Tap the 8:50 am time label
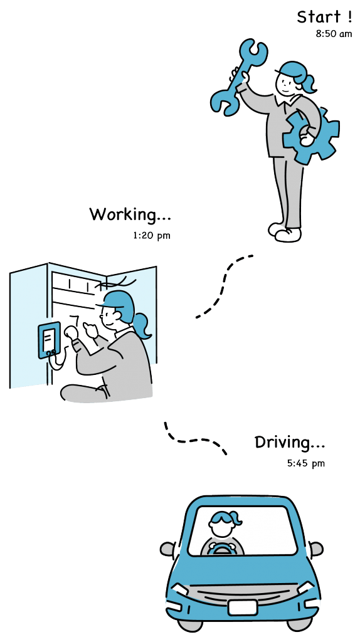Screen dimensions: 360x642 (x=334, y=34)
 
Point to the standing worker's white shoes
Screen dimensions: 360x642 (x=285, y=232)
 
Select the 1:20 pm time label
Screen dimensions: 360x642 (x=151, y=236)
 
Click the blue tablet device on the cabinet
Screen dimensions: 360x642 (x=49, y=340)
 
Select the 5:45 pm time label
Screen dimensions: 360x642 (x=305, y=463)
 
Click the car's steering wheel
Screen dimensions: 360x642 (x=221, y=549)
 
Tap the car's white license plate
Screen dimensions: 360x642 (x=243, y=608)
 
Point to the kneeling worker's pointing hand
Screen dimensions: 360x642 (x=90, y=330)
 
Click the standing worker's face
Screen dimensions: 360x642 (x=286, y=83)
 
